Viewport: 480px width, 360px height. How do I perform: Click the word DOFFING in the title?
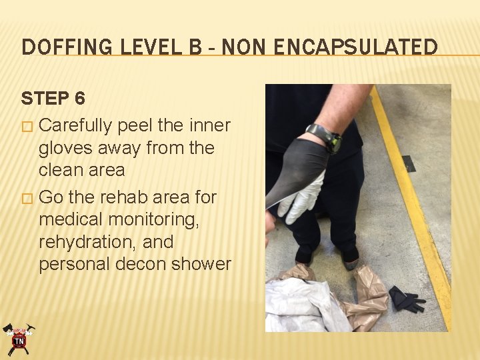(67, 47)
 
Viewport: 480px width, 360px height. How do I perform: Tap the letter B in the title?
(195, 47)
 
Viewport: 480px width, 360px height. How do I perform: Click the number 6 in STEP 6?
(79, 98)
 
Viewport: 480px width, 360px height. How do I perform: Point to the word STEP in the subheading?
(45, 98)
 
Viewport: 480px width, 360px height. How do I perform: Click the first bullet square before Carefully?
(27, 127)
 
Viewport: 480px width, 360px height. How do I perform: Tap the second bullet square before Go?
(27, 199)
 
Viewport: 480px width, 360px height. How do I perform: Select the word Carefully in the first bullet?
(75, 126)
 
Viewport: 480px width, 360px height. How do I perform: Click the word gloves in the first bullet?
(65, 148)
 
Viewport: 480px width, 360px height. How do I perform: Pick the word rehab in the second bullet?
(125, 197)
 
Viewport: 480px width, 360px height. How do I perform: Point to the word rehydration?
(88, 243)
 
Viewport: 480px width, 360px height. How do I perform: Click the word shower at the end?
(201, 264)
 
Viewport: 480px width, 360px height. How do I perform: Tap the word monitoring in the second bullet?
(152, 220)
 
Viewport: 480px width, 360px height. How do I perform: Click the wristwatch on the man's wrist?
(325, 138)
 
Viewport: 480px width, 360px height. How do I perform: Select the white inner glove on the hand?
(302, 197)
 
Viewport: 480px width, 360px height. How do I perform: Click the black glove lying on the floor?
(405, 299)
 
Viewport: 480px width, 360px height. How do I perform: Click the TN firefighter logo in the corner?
(19, 339)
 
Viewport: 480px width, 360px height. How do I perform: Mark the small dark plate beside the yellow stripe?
(409, 163)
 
